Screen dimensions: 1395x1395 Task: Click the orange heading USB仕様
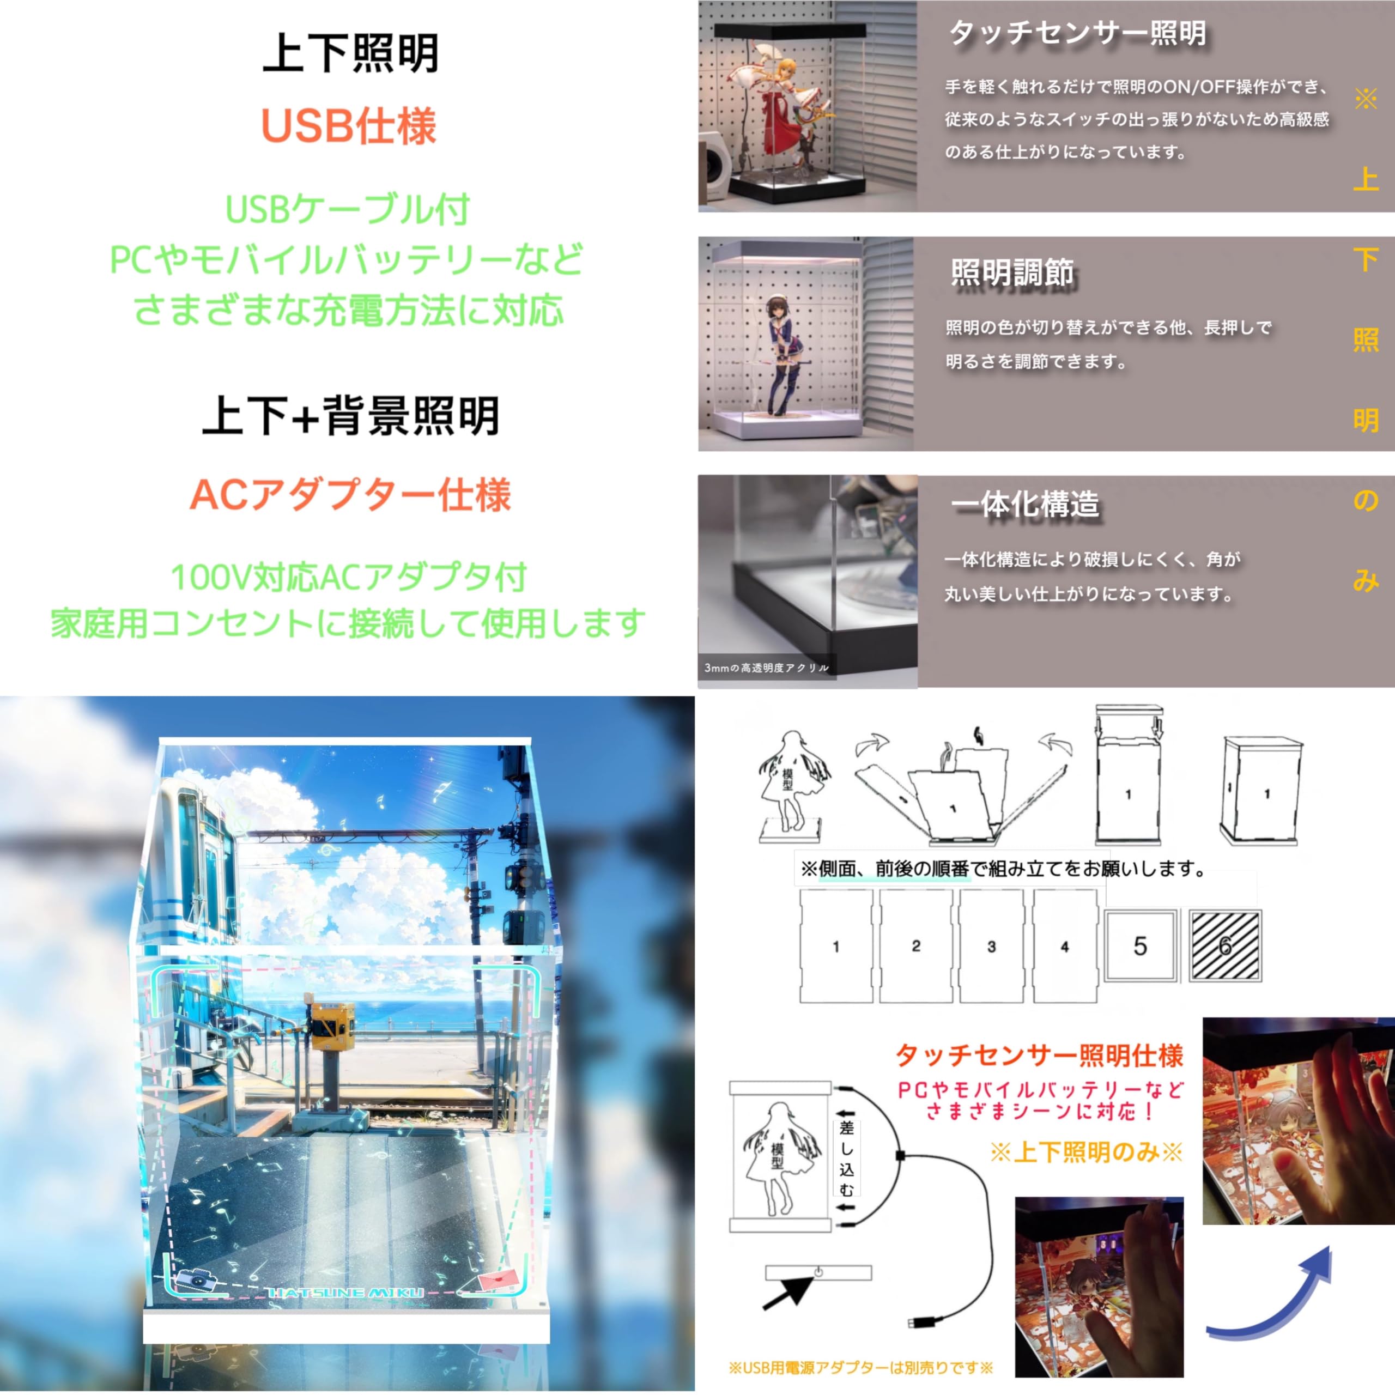(348, 126)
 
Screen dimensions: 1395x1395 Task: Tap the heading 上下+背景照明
(351, 417)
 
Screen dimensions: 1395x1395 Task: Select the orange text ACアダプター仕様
(350, 495)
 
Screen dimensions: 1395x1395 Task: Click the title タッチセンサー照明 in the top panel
(1077, 33)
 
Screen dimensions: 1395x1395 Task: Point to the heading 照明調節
(1011, 273)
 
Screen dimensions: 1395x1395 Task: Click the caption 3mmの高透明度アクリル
(766, 668)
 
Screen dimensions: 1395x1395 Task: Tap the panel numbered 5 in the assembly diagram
(1140, 946)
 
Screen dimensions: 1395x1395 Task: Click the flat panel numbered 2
(915, 946)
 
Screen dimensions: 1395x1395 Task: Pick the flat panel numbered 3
(991, 946)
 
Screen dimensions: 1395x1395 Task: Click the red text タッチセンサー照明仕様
(1039, 1056)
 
